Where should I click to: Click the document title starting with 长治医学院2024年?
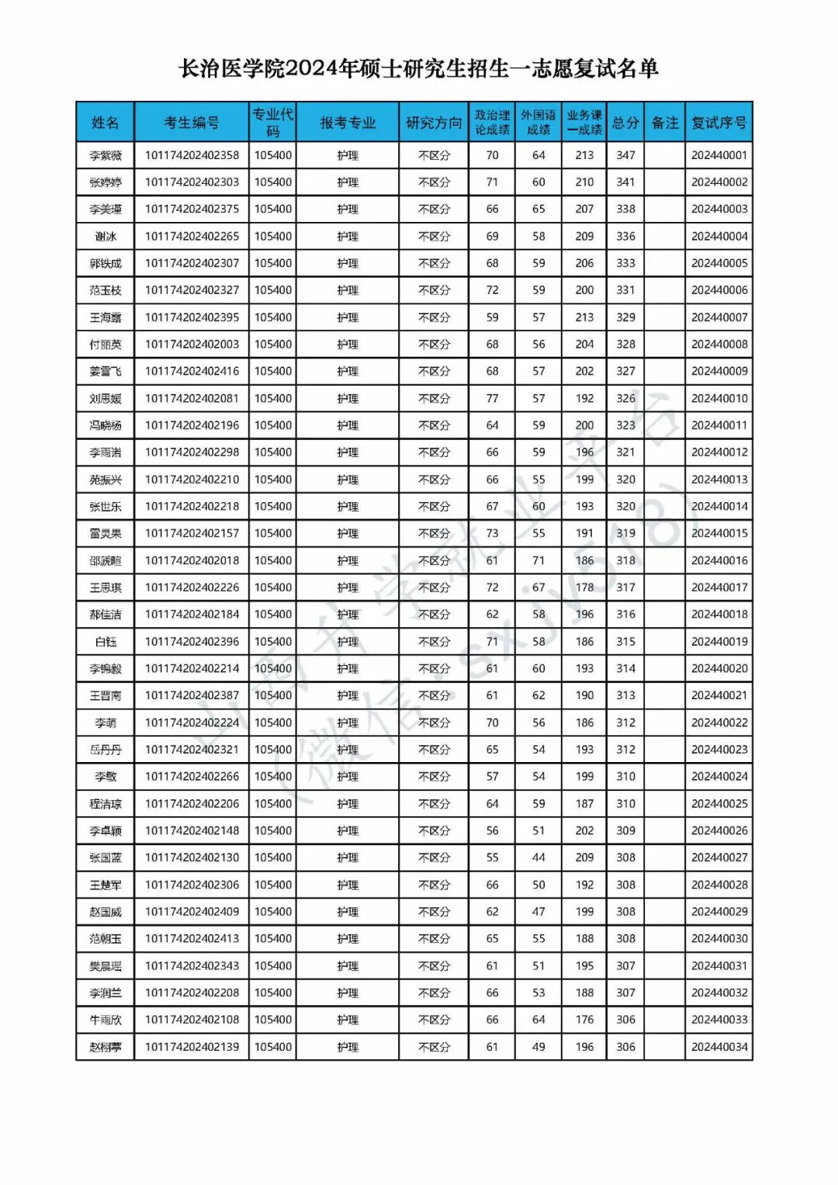(x=419, y=69)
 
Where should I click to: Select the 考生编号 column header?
(x=192, y=123)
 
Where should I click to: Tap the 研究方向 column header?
(x=434, y=123)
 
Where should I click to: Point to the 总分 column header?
(x=625, y=123)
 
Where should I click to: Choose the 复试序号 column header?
(x=719, y=123)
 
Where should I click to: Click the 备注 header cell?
(x=665, y=123)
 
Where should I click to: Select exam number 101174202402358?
(x=192, y=155)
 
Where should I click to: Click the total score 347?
(x=625, y=155)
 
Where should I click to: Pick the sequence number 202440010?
(x=719, y=398)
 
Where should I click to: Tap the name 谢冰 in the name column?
(x=106, y=237)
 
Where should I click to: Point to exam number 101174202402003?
(x=192, y=345)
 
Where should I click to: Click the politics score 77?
(x=492, y=398)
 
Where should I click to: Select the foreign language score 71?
(x=538, y=560)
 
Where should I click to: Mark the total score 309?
(x=625, y=830)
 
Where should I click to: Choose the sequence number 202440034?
(x=719, y=1047)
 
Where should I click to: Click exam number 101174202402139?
(x=192, y=1047)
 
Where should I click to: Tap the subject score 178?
(x=584, y=587)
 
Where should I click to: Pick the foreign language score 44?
(x=538, y=858)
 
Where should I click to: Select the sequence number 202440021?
(x=719, y=695)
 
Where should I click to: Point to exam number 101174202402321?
(x=192, y=750)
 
